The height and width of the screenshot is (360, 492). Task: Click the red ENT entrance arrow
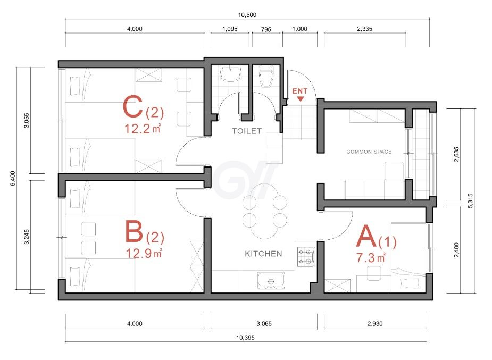pyautogui.click(x=301, y=99)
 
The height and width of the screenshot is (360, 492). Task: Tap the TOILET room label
pyautogui.click(x=247, y=131)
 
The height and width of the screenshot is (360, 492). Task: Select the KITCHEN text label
pyautogui.click(x=263, y=254)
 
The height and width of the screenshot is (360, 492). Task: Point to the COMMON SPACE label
pyautogui.click(x=369, y=152)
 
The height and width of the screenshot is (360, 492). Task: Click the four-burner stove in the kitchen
pyautogui.click(x=306, y=257)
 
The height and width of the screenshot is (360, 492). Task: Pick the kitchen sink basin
pyautogui.click(x=271, y=281)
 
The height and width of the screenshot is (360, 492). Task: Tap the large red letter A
pyautogui.click(x=366, y=237)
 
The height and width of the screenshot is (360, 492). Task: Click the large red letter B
pyautogui.click(x=134, y=231)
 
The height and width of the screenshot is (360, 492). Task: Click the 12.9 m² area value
pyautogui.click(x=144, y=253)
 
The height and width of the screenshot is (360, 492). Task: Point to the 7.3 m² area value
pyautogui.click(x=371, y=258)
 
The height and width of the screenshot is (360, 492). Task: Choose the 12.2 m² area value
pyautogui.click(x=143, y=129)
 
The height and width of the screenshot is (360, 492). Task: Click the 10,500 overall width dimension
pyautogui.click(x=247, y=15)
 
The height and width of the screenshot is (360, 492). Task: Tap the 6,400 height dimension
pyautogui.click(x=13, y=179)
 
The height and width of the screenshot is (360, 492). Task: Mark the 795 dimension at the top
pyautogui.click(x=266, y=29)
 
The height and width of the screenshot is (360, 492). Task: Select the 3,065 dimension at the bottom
pyautogui.click(x=264, y=324)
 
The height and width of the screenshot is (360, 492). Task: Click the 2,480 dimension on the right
pyautogui.click(x=456, y=250)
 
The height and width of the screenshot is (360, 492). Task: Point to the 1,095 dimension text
pyautogui.click(x=230, y=29)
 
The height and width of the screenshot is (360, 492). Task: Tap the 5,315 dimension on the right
pyautogui.click(x=470, y=200)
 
